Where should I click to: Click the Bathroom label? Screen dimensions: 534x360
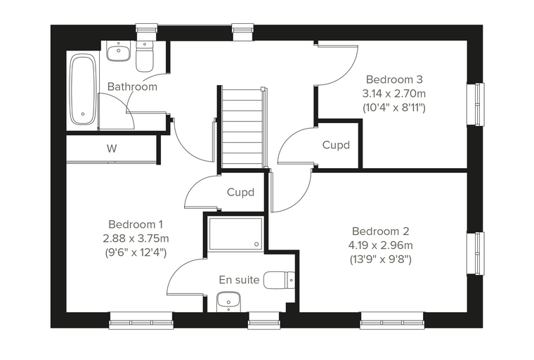pos(132,86)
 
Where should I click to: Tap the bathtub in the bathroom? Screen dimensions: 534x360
pos(82,90)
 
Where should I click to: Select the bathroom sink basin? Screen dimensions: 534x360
pos(119,51)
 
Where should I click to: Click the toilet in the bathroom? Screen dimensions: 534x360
pos(145,56)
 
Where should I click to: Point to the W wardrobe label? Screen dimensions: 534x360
pos(112,148)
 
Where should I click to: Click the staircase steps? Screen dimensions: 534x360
pos(242,128)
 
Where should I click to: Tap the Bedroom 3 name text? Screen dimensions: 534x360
pos(394,79)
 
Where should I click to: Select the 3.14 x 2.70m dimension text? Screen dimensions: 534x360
pos(394,94)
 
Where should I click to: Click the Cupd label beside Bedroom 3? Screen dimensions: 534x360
pos(336,146)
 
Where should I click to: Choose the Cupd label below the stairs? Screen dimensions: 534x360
pos(240,192)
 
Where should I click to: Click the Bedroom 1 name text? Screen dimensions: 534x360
pos(136,224)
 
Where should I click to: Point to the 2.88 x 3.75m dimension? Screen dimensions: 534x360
pos(136,238)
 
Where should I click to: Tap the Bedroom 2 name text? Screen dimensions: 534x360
pos(380,231)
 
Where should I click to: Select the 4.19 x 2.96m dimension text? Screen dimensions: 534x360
pos(380,245)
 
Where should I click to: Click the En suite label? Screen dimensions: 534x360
pos(239,280)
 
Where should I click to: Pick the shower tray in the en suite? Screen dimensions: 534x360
pos(235,234)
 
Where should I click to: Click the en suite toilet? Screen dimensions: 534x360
pos(279,281)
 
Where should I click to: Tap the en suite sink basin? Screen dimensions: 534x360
pos(228,302)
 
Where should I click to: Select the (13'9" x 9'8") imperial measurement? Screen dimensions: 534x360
pos(380,259)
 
